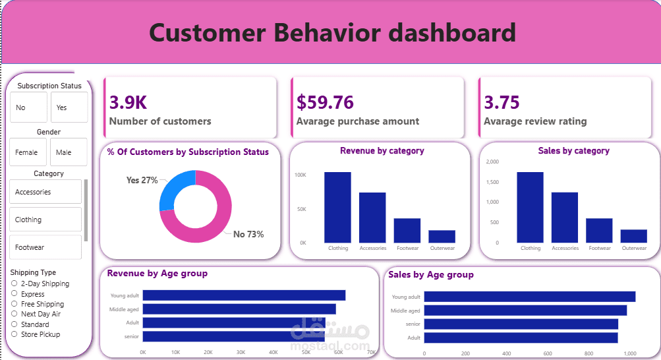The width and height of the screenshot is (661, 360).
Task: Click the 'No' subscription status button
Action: coord(28,107)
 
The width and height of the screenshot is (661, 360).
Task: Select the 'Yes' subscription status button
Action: coord(69,107)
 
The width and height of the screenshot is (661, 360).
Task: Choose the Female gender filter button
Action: coord(28,152)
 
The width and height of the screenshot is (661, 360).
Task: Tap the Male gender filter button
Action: coord(69,152)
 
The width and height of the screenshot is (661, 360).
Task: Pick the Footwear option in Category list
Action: coord(45,247)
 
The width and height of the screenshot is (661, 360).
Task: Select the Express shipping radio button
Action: coord(14,294)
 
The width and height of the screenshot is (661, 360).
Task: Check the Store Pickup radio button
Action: coord(14,334)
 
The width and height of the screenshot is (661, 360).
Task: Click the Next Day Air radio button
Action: coord(14,314)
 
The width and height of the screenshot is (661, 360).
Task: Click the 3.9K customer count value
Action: coord(128,102)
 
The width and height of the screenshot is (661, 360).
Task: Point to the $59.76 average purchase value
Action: coord(325,102)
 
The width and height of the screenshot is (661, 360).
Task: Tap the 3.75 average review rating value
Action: coord(502,102)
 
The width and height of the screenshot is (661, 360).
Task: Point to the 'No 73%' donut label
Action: coord(248,234)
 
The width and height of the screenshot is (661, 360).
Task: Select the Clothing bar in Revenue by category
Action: coord(337,207)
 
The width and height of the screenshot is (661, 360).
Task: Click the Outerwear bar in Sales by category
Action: coord(634,236)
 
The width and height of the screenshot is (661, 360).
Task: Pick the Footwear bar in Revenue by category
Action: coord(407,230)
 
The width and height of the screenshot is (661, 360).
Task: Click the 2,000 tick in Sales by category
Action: coord(492,162)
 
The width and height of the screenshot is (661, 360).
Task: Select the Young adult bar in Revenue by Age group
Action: coord(244,295)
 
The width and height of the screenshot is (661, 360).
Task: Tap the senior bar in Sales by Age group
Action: coord(521,324)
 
